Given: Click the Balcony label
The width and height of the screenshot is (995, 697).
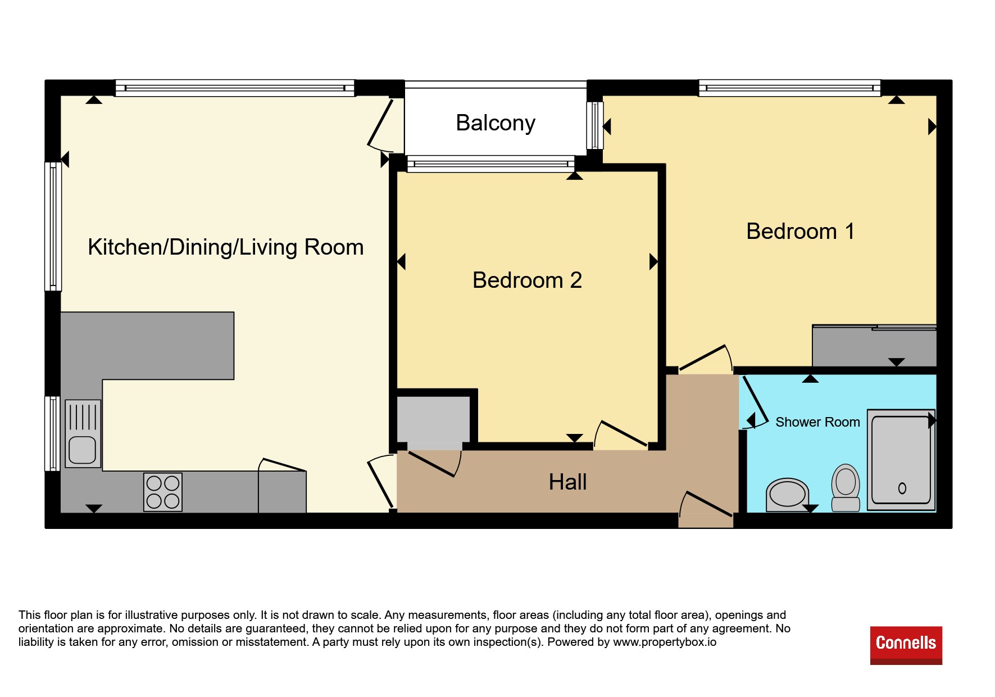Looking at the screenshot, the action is (x=496, y=123).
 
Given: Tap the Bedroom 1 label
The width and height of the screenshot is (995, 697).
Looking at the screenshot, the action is (x=801, y=231).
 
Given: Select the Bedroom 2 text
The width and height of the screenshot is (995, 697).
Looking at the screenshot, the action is (x=527, y=280).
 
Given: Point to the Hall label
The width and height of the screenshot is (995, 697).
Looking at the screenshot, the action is (x=567, y=482).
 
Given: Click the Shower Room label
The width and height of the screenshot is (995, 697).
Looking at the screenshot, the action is (x=817, y=422).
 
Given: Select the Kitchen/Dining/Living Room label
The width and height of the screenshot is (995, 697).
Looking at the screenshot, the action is (x=226, y=247).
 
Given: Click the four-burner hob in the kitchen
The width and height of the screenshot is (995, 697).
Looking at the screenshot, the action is (x=163, y=492).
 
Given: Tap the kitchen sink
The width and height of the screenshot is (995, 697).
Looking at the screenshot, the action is (x=83, y=433).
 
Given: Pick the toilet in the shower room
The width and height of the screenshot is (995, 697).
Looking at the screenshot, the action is (x=846, y=487).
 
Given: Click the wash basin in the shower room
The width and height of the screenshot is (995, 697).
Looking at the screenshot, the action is (x=787, y=495).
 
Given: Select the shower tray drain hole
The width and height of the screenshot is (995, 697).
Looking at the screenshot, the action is (x=902, y=488).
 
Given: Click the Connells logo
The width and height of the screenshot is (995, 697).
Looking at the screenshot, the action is (x=906, y=645).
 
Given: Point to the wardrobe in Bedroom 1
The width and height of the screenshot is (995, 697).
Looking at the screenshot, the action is (x=874, y=346).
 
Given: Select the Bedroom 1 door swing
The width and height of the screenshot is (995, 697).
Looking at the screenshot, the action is (x=706, y=358).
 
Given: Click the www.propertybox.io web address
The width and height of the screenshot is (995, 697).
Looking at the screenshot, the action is (x=665, y=642).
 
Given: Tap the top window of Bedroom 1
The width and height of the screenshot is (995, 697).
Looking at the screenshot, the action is (x=789, y=88).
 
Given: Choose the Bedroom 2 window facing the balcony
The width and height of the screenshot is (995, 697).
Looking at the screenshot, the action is (x=490, y=164).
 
